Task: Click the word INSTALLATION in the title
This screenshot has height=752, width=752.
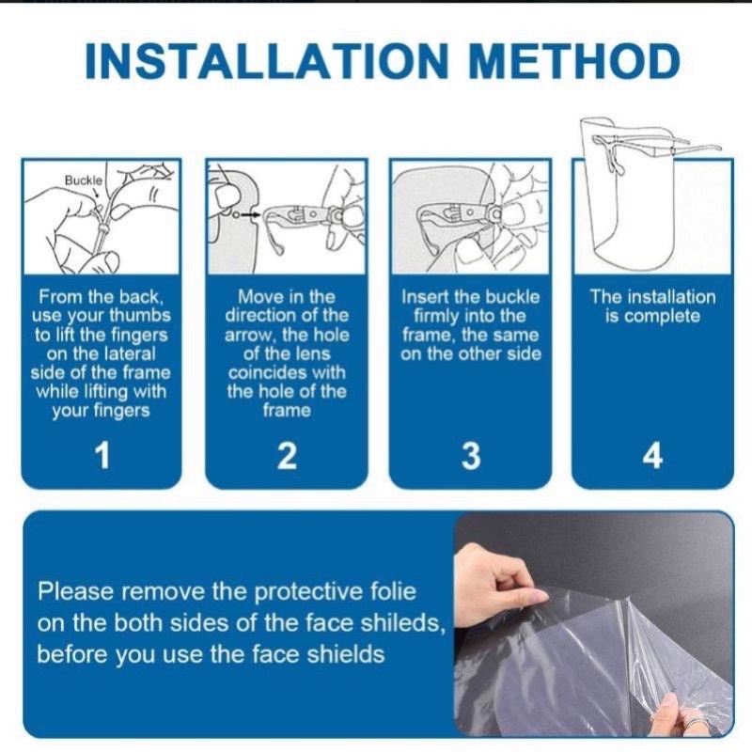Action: (x=267, y=61)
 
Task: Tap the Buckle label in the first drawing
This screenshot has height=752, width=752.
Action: (x=84, y=180)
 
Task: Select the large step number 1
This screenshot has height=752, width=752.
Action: (x=102, y=455)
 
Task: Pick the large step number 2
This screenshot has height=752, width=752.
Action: (x=287, y=455)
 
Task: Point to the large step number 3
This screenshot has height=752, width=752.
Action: (x=471, y=455)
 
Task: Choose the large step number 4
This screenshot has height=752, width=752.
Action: (x=652, y=455)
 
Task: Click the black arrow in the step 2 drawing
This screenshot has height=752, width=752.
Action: (x=249, y=215)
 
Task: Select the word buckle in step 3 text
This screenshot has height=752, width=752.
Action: (x=511, y=297)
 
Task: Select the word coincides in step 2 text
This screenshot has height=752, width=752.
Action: (x=287, y=372)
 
